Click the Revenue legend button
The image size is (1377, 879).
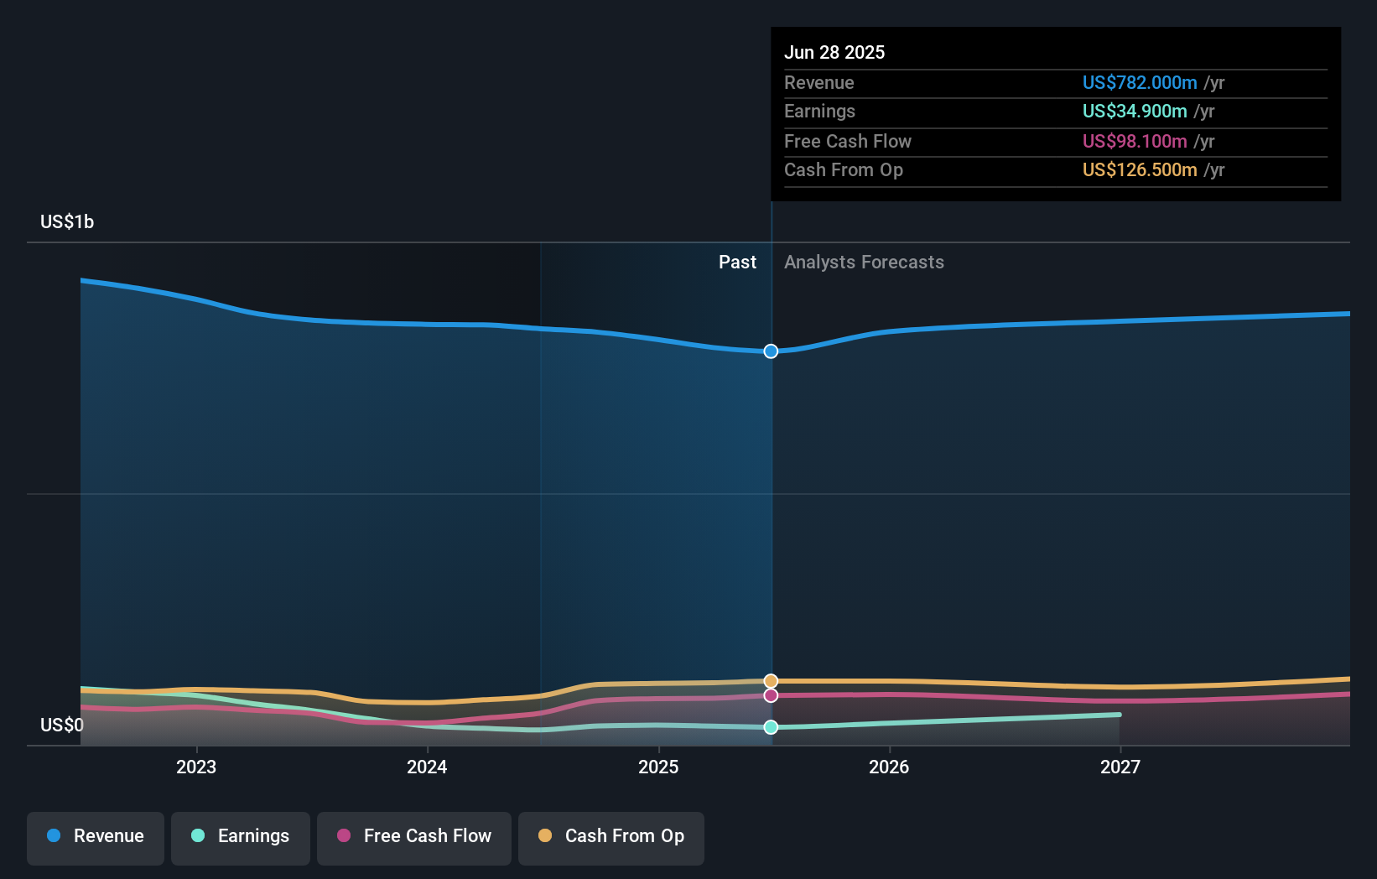coord(96,836)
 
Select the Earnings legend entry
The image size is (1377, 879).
coord(241,836)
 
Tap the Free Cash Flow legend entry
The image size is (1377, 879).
coord(414,836)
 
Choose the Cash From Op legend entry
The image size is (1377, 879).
coord(611,836)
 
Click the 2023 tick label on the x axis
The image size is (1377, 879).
coord(196,767)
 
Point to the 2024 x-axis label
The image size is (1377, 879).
coord(427,767)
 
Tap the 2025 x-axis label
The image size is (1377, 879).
coord(658,767)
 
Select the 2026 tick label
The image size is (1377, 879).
coord(889,767)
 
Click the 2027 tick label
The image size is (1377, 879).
coord(1120,767)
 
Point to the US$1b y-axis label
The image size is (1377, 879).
coord(67,222)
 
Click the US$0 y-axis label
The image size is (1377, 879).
coord(62,725)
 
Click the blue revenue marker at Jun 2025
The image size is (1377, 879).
coord(771,351)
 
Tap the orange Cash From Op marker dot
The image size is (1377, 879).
coord(771,681)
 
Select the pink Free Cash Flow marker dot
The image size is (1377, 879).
coord(771,695)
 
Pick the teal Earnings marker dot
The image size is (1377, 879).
coord(771,727)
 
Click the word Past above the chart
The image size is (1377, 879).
coord(737,263)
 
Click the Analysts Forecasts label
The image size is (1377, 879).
coord(864,263)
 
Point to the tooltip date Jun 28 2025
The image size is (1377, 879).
coord(834,52)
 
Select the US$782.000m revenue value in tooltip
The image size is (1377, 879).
coord(1139,82)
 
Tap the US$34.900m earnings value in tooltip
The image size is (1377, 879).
coord(1134,111)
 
